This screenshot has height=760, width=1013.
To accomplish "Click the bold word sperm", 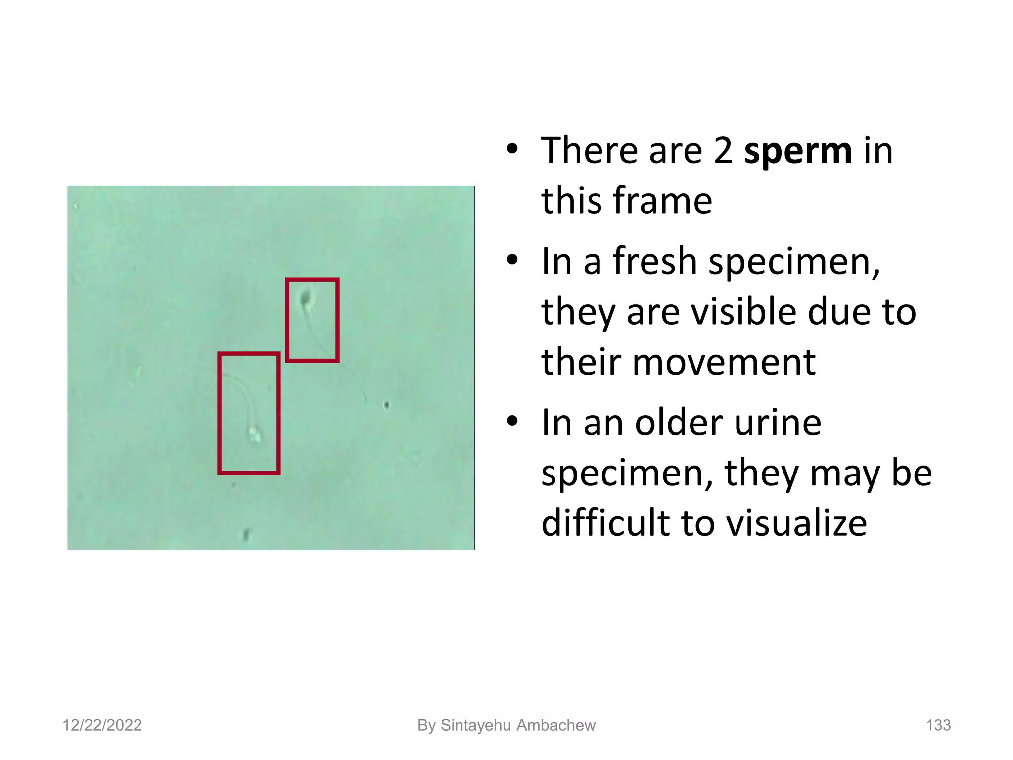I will pos(798,151).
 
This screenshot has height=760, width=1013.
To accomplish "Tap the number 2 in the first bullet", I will pos(723,151).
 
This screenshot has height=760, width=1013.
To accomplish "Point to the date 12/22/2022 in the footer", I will pos(102,725).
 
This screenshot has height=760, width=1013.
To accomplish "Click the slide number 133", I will pos(938,725).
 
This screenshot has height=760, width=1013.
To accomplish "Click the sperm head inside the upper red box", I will pos(306,298).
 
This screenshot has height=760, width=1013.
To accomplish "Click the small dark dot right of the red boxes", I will pos(387,405).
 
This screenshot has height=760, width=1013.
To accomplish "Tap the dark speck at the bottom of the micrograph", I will pos(246,534).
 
